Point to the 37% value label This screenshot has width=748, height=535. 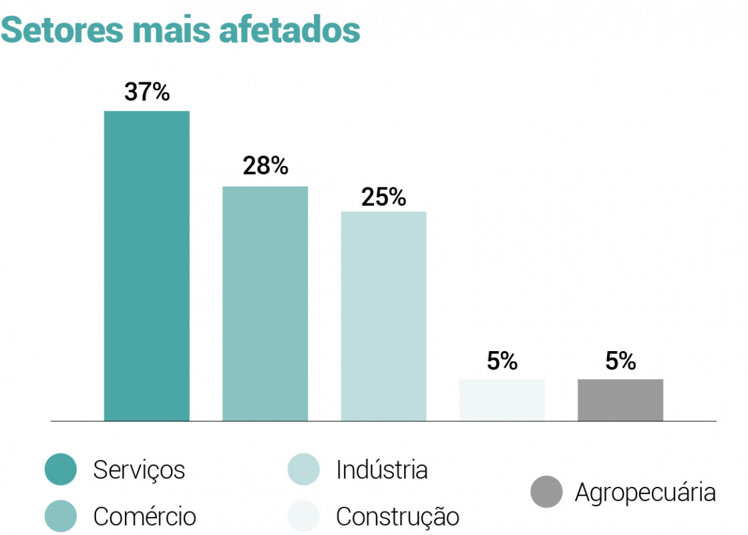tap(147, 92)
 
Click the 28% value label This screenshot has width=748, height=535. tap(265, 166)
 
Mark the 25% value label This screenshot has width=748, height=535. tap(383, 197)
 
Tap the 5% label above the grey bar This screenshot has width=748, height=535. tap(620, 361)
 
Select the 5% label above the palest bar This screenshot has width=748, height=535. tap(502, 361)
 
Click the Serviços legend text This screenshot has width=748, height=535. tap(139, 470)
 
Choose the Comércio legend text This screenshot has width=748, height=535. tap(145, 516)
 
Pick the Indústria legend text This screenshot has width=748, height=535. tap(381, 470)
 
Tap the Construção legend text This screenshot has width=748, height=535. tap(397, 516)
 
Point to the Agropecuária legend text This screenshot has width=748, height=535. tap(645, 493)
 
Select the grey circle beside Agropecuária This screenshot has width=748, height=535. tap(547, 492)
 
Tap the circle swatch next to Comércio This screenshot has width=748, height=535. tap(61, 516)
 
